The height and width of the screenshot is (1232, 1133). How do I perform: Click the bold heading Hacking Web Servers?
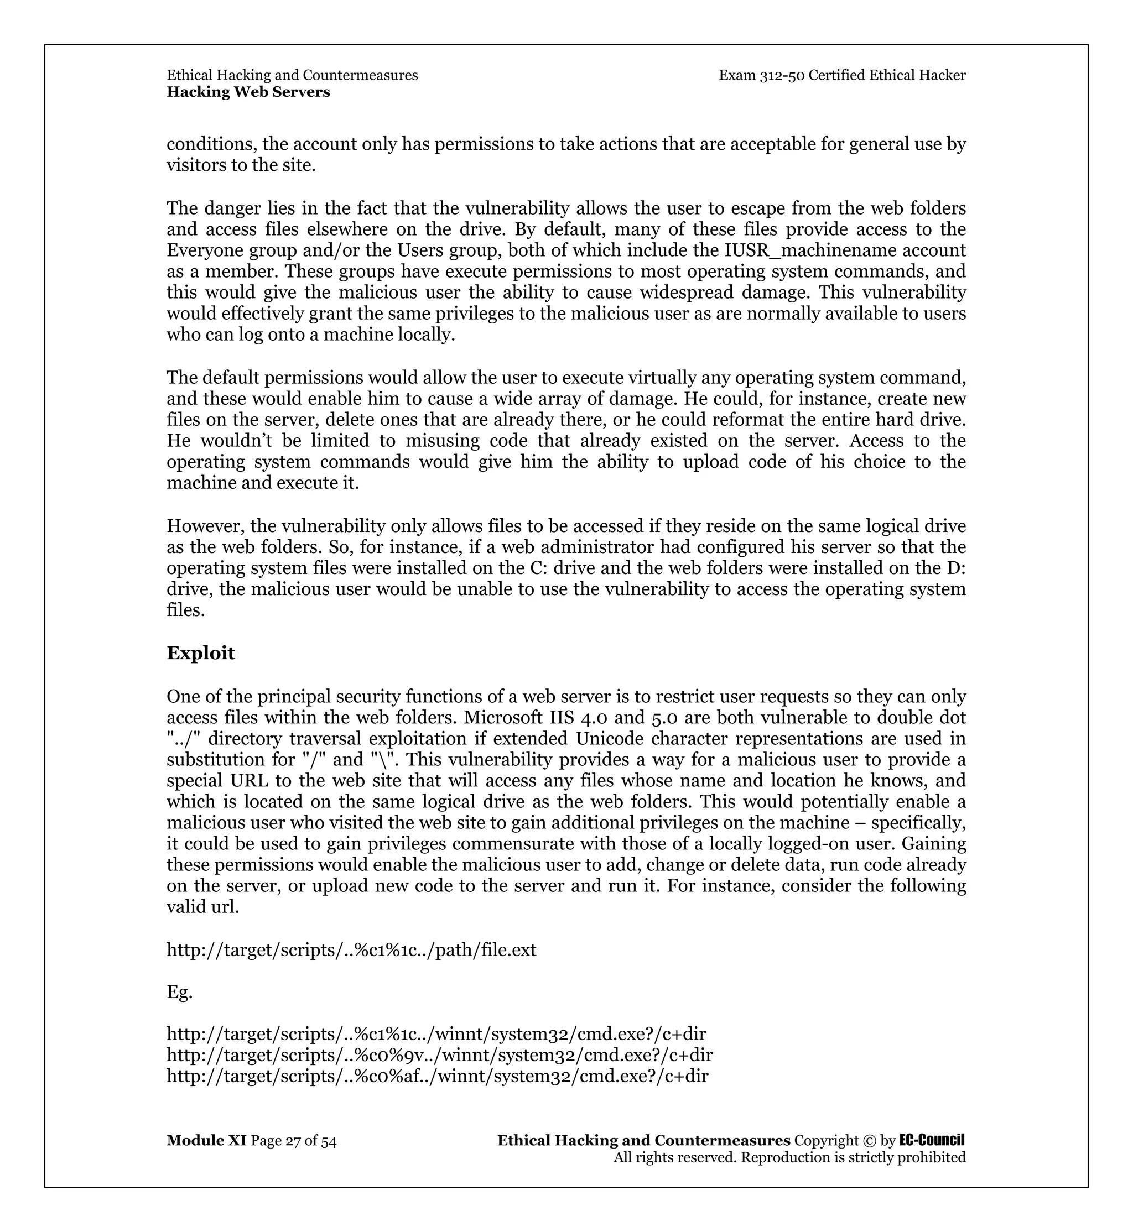coord(248,92)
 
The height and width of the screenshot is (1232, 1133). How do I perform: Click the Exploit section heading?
coord(200,654)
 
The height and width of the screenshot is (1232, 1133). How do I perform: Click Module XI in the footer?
coord(206,1141)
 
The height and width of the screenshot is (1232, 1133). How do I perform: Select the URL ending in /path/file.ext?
coord(351,950)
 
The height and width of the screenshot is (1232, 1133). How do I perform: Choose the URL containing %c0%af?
coord(437,1076)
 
